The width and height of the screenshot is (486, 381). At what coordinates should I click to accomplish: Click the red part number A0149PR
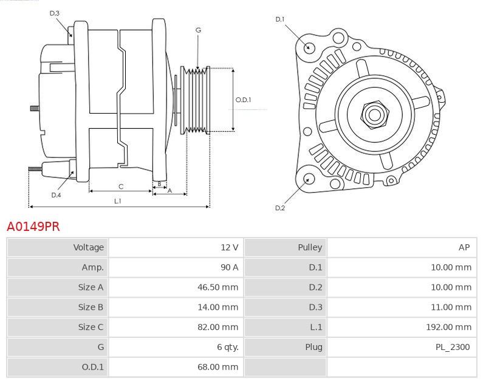pyautogui.click(x=33, y=227)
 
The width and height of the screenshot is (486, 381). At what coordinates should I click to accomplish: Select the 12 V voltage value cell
pyautogui.click(x=229, y=247)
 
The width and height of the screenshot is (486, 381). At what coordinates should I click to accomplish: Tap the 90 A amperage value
pyautogui.click(x=228, y=267)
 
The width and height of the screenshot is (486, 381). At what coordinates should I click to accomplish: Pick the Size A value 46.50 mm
pyautogui.click(x=217, y=287)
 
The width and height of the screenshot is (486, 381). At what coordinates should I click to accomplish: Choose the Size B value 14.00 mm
pyautogui.click(x=217, y=307)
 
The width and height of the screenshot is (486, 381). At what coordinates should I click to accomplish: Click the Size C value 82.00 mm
pyautogui.click(x=217, y=328)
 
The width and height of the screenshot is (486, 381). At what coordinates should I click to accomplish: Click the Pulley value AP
pyautogui.click(x=464, y=247)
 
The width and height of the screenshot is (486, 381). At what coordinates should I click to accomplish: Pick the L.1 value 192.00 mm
pyautogui.click(x=448, y=328)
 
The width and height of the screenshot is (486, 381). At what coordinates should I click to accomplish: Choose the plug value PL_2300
pyautogui.click(x=453, y=348)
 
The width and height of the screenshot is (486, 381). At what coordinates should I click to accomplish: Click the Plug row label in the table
pyautogui.click(x=313, y=348)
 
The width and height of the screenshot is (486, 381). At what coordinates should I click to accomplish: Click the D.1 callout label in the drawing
pyautogui.click(x=279, y=19)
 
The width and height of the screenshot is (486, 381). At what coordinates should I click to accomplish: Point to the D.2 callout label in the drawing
pyautogui.click(x=279, y=208)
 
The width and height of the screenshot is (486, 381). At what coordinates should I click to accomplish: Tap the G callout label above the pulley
pyautogui.click(x=198, y=30)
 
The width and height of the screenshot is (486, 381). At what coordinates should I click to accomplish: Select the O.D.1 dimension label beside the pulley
pyautogui.click(x=243, y=100)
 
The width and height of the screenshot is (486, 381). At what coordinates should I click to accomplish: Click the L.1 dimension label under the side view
pyautogui.click(x=117, y=201)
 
